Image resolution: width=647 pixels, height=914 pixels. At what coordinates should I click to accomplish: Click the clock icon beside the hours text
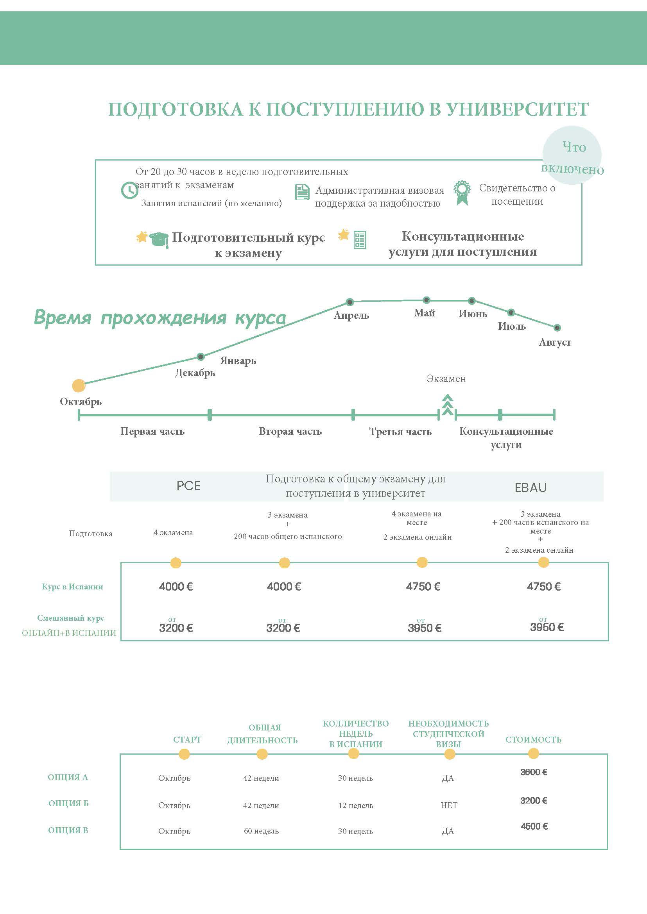tap(129, 190)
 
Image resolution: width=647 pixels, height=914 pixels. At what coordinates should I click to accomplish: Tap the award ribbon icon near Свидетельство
tap(462, 193)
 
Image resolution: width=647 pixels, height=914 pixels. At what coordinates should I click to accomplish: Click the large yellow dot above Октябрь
tap(79, 386)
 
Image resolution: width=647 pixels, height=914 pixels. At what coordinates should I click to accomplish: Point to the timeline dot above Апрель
tap(350, 302)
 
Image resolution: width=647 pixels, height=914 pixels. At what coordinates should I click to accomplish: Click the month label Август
tap(555, 342)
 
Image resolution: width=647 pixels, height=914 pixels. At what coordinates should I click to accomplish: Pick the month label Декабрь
tap(195, 373)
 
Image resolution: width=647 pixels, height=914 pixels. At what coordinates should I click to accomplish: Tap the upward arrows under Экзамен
tap(447, 404)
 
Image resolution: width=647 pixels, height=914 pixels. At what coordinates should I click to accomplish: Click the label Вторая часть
tap(290, 431)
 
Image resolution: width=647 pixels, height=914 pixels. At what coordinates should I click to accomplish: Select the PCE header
tap(188, 486)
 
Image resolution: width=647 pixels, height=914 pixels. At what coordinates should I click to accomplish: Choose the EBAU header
tap(531, 487)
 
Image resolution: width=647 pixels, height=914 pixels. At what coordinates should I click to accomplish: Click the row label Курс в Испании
tap(72, 586)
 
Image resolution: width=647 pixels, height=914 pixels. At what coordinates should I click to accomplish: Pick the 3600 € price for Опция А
tap(534, 772)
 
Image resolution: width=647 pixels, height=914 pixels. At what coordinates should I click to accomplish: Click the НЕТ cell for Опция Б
tap(449, 805)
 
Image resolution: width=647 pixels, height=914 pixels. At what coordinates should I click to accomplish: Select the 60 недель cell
tap(262, 831)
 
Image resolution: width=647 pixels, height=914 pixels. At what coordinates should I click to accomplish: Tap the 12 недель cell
tap(356, 805)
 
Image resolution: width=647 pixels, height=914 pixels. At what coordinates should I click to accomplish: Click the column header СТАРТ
tap(187, 739)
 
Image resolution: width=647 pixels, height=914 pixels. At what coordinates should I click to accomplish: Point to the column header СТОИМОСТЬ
tap(534, 739)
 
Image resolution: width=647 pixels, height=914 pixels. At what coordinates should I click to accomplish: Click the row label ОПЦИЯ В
tap(68, 830)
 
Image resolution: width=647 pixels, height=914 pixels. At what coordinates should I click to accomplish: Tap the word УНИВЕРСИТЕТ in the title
tap(517, 109)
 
